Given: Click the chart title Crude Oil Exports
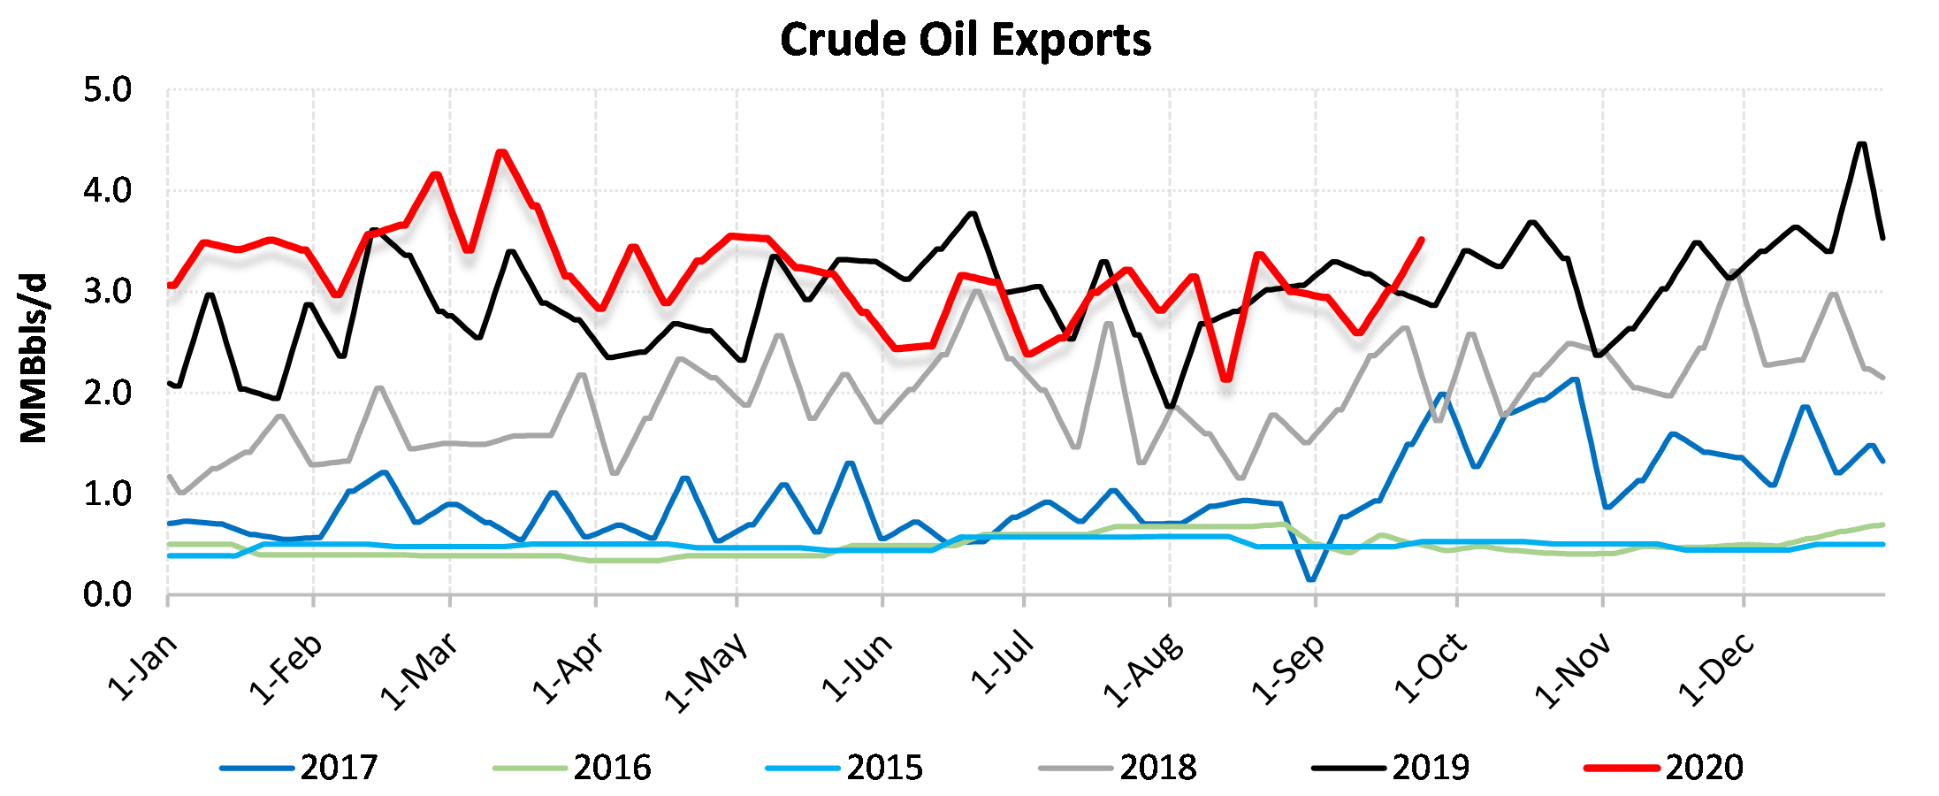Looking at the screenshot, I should (966, 41).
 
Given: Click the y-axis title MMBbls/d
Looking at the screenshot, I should (34, 358).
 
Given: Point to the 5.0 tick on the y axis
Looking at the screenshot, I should (107, 90).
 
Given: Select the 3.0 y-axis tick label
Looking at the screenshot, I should (107, 292).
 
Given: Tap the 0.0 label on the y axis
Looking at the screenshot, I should (107, 595).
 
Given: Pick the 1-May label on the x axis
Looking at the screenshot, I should (706, 672).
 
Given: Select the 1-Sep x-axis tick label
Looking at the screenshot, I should (1288, 670).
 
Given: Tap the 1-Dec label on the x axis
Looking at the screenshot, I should (1716, 670).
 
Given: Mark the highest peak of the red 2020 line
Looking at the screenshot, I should (501, 151).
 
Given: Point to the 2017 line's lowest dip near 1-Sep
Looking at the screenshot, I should (1311, 580).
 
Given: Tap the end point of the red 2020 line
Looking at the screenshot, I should (1421, 239).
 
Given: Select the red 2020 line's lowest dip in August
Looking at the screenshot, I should (1226, 379).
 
